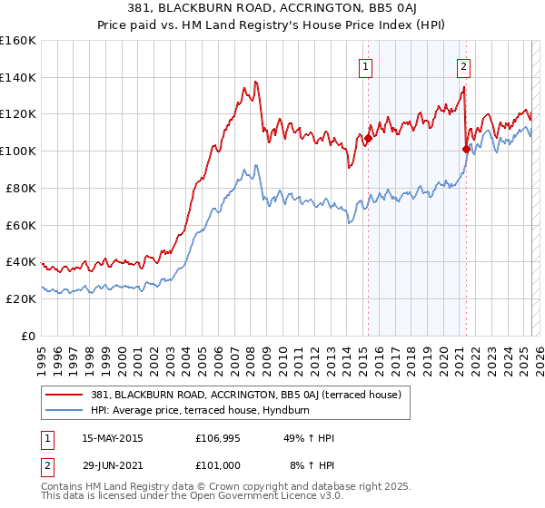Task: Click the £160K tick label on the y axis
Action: [x=18, y=41]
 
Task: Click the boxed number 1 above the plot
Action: [x=365, y=65]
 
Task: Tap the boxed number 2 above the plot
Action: [x=463, y=65]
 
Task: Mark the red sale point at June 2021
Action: [x=466, y=149]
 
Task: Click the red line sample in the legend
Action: [x=64, y=395]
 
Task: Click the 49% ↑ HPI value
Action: [x=309, y=438]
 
